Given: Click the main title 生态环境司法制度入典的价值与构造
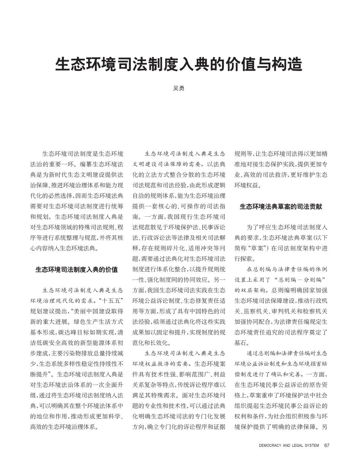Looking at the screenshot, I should [x=179, y=64].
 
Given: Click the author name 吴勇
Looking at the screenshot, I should [x=179, y=89].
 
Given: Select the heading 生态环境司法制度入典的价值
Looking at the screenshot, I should [x=77, y=269].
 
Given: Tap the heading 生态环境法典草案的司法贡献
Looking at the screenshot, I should [x=281, y=207].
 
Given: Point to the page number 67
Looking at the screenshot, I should [x=327, y=445].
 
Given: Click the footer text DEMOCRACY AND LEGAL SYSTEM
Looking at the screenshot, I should [x=289, y=445].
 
